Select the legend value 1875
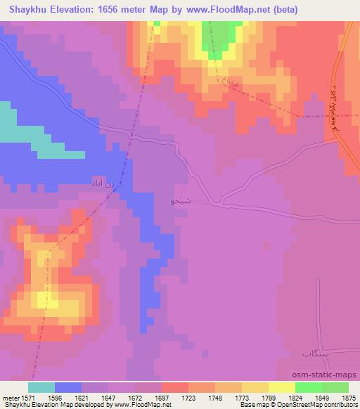pos(349,397)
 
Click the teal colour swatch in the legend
pos(42,387)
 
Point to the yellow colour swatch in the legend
pos(282,387)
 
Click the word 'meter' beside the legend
pos(11,397)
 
